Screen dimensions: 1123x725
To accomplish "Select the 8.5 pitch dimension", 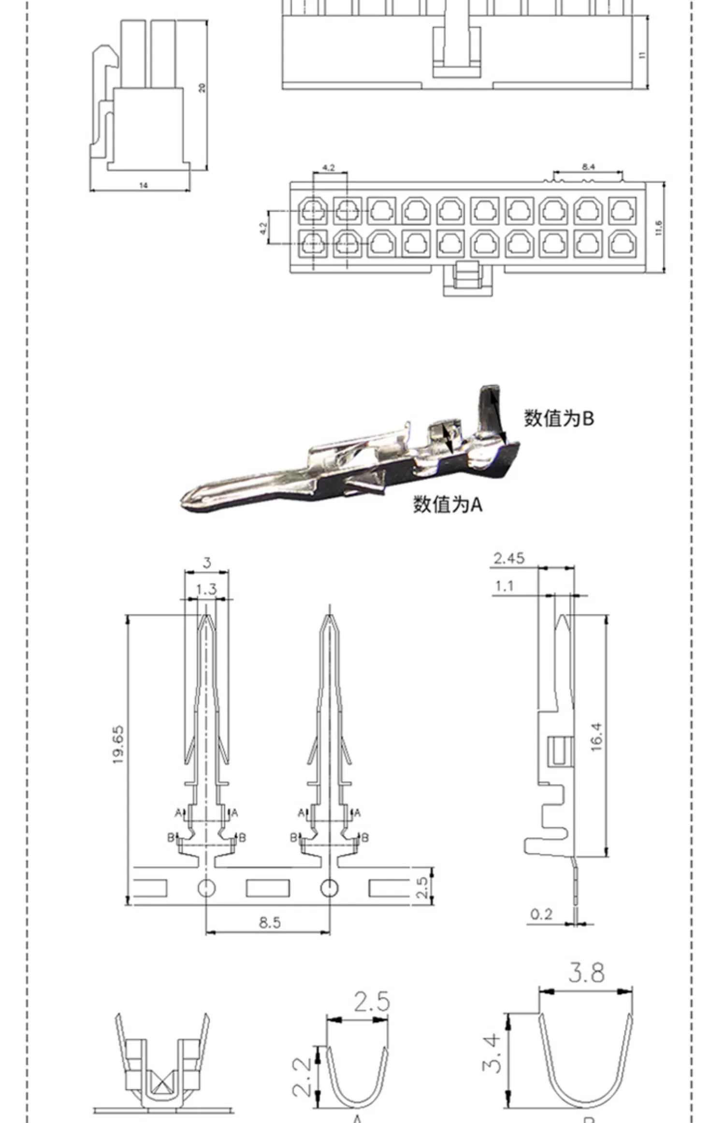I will click(269, 922).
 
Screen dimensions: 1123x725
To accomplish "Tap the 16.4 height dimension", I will click(596, 737).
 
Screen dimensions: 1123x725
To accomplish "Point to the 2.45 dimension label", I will click(508, 559).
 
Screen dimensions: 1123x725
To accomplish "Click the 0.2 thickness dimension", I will click(541, 914).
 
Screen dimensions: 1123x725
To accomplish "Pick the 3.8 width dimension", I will click(586, 973).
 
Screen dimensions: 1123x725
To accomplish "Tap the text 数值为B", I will click(559, 418).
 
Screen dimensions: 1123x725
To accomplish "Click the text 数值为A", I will click(448, 504).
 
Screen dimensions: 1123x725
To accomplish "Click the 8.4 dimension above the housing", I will click(588, 167).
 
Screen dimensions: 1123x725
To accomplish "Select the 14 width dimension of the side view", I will click(143, 185).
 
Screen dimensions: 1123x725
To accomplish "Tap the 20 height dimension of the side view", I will click(202, 88).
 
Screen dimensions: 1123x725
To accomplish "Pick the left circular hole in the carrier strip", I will click(206, 887).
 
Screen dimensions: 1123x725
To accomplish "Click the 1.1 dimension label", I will click(504, 586).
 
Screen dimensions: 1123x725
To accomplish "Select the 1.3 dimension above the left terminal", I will click(206, 590).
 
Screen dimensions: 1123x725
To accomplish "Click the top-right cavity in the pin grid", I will click(622, 211).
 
